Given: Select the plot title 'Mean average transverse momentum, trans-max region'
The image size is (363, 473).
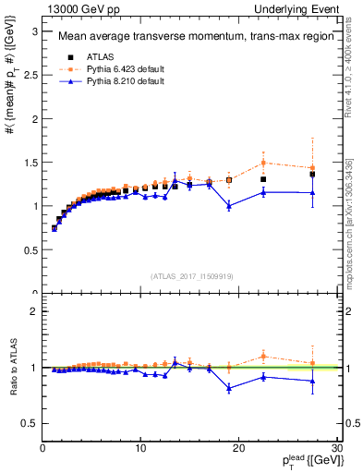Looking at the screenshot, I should coord(188,37).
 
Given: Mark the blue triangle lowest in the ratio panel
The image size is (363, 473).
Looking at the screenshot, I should coord(229,388).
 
